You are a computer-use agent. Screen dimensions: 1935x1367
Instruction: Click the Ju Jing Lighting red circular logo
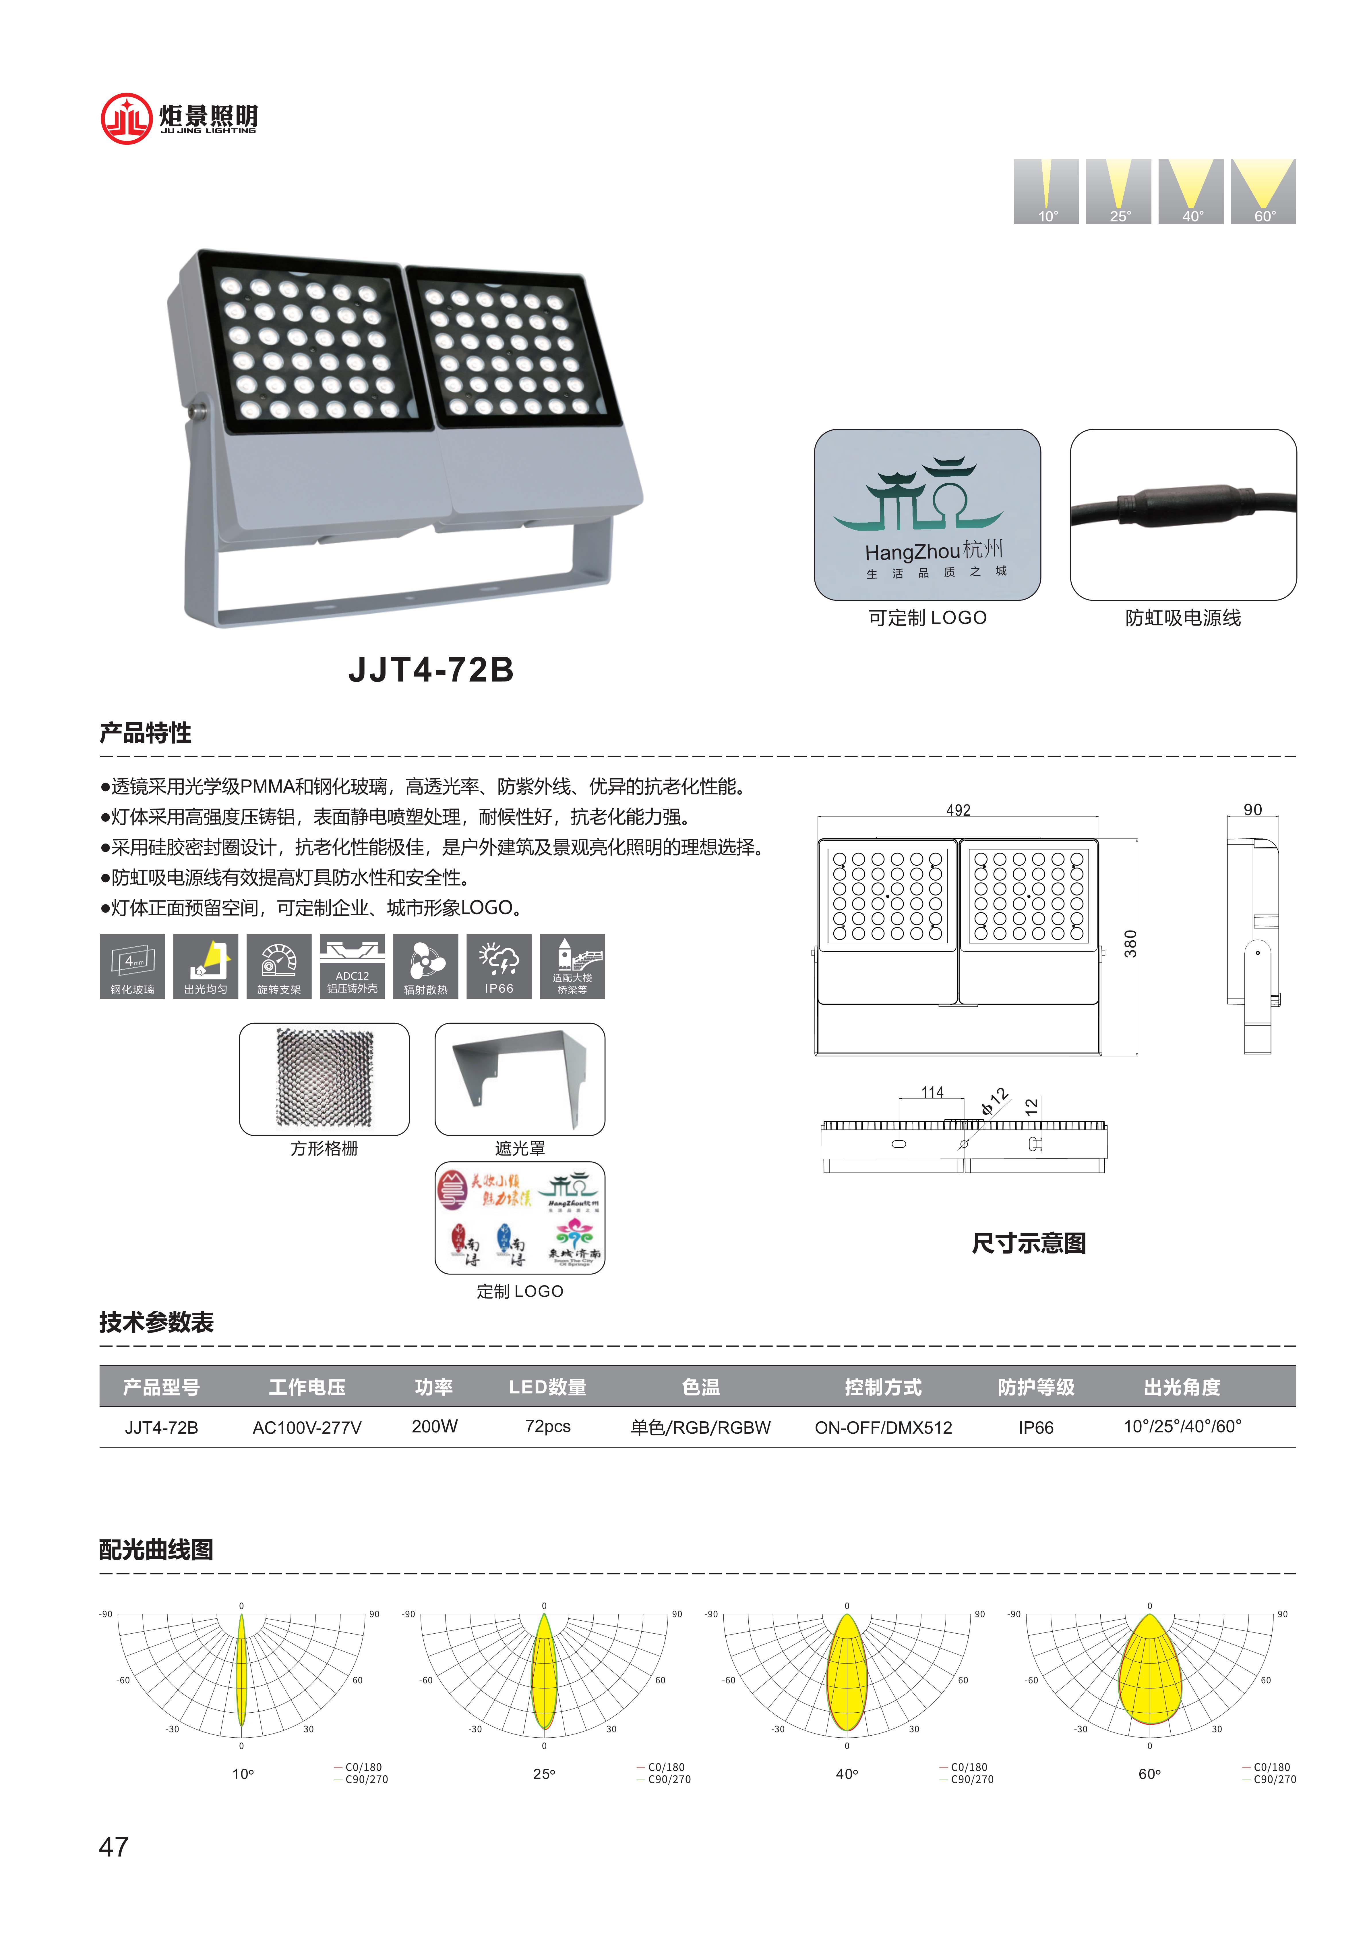pyautogui.click(x=125, y=118)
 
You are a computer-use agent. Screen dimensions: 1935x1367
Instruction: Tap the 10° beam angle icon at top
pyautogui.click(x=1046, y=191)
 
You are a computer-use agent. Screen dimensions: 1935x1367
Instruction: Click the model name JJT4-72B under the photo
pyautogui.click(x=430, y=670)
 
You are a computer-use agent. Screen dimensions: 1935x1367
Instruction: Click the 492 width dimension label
pyautogui.click(x=958, y=810)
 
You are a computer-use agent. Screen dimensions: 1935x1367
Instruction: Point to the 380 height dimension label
pyautogui.click(x=1130, y=944)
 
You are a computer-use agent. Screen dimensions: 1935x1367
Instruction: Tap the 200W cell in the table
pyautogui.click(x=435, y=1426)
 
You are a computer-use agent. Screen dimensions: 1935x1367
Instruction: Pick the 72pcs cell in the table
pyautogui.click(x=547, y=1426)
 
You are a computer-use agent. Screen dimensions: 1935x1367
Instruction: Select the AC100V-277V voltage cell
pyautogui.click(x=307, y=1427)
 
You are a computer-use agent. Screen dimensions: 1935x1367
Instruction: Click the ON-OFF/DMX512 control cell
pyautogui.click(x=883, y=1427)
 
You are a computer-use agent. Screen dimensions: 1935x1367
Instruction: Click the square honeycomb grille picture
pyautogui.click(x=324, y=1079)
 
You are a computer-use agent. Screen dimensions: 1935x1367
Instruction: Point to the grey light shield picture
pyautogui.click(x=520, y=1079)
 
